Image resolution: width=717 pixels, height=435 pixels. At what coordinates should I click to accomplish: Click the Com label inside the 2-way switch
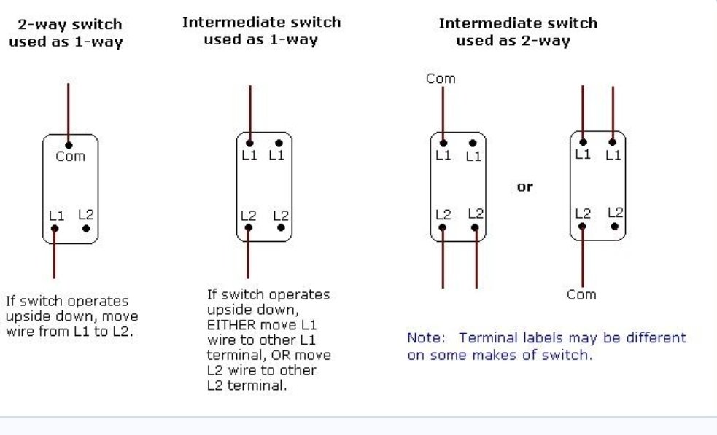pyautogui.click(x=71, y=156)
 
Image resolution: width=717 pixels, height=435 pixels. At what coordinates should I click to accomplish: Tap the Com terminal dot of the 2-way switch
pyautogui.click(x=69, y=145)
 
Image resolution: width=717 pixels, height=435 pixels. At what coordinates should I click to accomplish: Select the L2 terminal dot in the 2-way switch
pyautogui.click(x=86, y=229)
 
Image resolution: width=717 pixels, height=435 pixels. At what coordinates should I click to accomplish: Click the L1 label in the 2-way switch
pyautogui.click(x=57, y=215)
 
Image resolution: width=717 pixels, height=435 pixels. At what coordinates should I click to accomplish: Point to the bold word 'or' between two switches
pyautogui.click(x=525, y=187)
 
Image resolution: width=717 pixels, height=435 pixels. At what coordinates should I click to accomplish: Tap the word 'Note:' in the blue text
pyautogui.click(x=426, y=337)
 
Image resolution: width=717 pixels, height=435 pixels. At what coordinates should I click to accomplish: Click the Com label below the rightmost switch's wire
pyautogui.click(x=581, y=294)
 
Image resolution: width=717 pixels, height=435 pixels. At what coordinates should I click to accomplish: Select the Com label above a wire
pyautogui.click(x=441, y=79)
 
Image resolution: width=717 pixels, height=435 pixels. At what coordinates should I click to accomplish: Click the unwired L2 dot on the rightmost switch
pyautogui.click(x=615, y=226)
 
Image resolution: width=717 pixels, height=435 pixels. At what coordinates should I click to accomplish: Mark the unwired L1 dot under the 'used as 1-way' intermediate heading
pyautogui.click(x=279, y=143)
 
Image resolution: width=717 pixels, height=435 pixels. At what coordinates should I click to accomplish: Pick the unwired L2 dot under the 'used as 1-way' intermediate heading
pyautogui.click(x=281, y=227)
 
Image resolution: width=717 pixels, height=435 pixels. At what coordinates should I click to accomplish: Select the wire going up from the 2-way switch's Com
pyautogui.click(x=69, y=114)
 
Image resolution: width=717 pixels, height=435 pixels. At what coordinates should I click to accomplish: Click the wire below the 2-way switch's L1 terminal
pyautogui.click(x=55, y=254)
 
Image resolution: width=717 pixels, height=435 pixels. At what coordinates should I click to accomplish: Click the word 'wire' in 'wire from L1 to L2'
pyautogui.click(x=19, y=332)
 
